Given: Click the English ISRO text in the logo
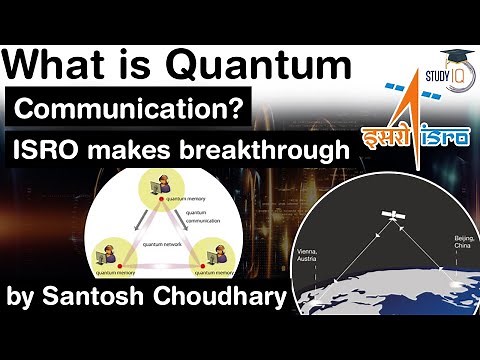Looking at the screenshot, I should pyautogui.click(x=430, y=138).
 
